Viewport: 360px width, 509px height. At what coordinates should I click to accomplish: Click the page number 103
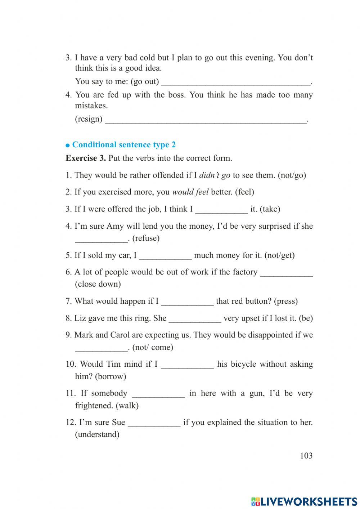(x=306, y=456)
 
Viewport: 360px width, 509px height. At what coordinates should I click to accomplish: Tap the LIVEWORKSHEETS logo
(x=304, y=501)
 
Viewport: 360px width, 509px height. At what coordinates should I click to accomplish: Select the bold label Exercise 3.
(x=86, y=158)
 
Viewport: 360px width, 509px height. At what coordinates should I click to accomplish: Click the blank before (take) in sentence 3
(x=221, y=210)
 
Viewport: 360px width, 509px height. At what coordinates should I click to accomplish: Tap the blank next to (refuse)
(x=101, y=239)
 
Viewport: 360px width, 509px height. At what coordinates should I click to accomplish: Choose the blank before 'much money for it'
(x=165, y=256)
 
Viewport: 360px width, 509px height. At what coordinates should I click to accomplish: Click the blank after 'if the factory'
(x=286, y=273)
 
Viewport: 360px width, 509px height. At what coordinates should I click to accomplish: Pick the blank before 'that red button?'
(x=187, y=302)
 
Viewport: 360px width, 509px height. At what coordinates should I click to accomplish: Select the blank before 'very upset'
(x=195, y=319)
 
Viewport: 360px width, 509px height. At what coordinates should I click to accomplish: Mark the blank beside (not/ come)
(x=101, y=348)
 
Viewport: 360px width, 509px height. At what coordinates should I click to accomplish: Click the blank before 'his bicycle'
(x=187, y=365)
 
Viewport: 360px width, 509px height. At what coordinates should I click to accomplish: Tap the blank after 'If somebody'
(x=158, y=394)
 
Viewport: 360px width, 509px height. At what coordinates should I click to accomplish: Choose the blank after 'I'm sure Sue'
(x=154, y=423)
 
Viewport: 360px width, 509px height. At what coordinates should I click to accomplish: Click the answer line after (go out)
(x=236, y=82)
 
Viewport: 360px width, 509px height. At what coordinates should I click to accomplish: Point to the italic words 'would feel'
(x=190, y=192)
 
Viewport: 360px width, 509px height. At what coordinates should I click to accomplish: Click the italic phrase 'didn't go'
(x=214, y=175)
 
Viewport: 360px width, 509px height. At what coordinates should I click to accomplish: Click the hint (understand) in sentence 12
(x=97, y=434)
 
